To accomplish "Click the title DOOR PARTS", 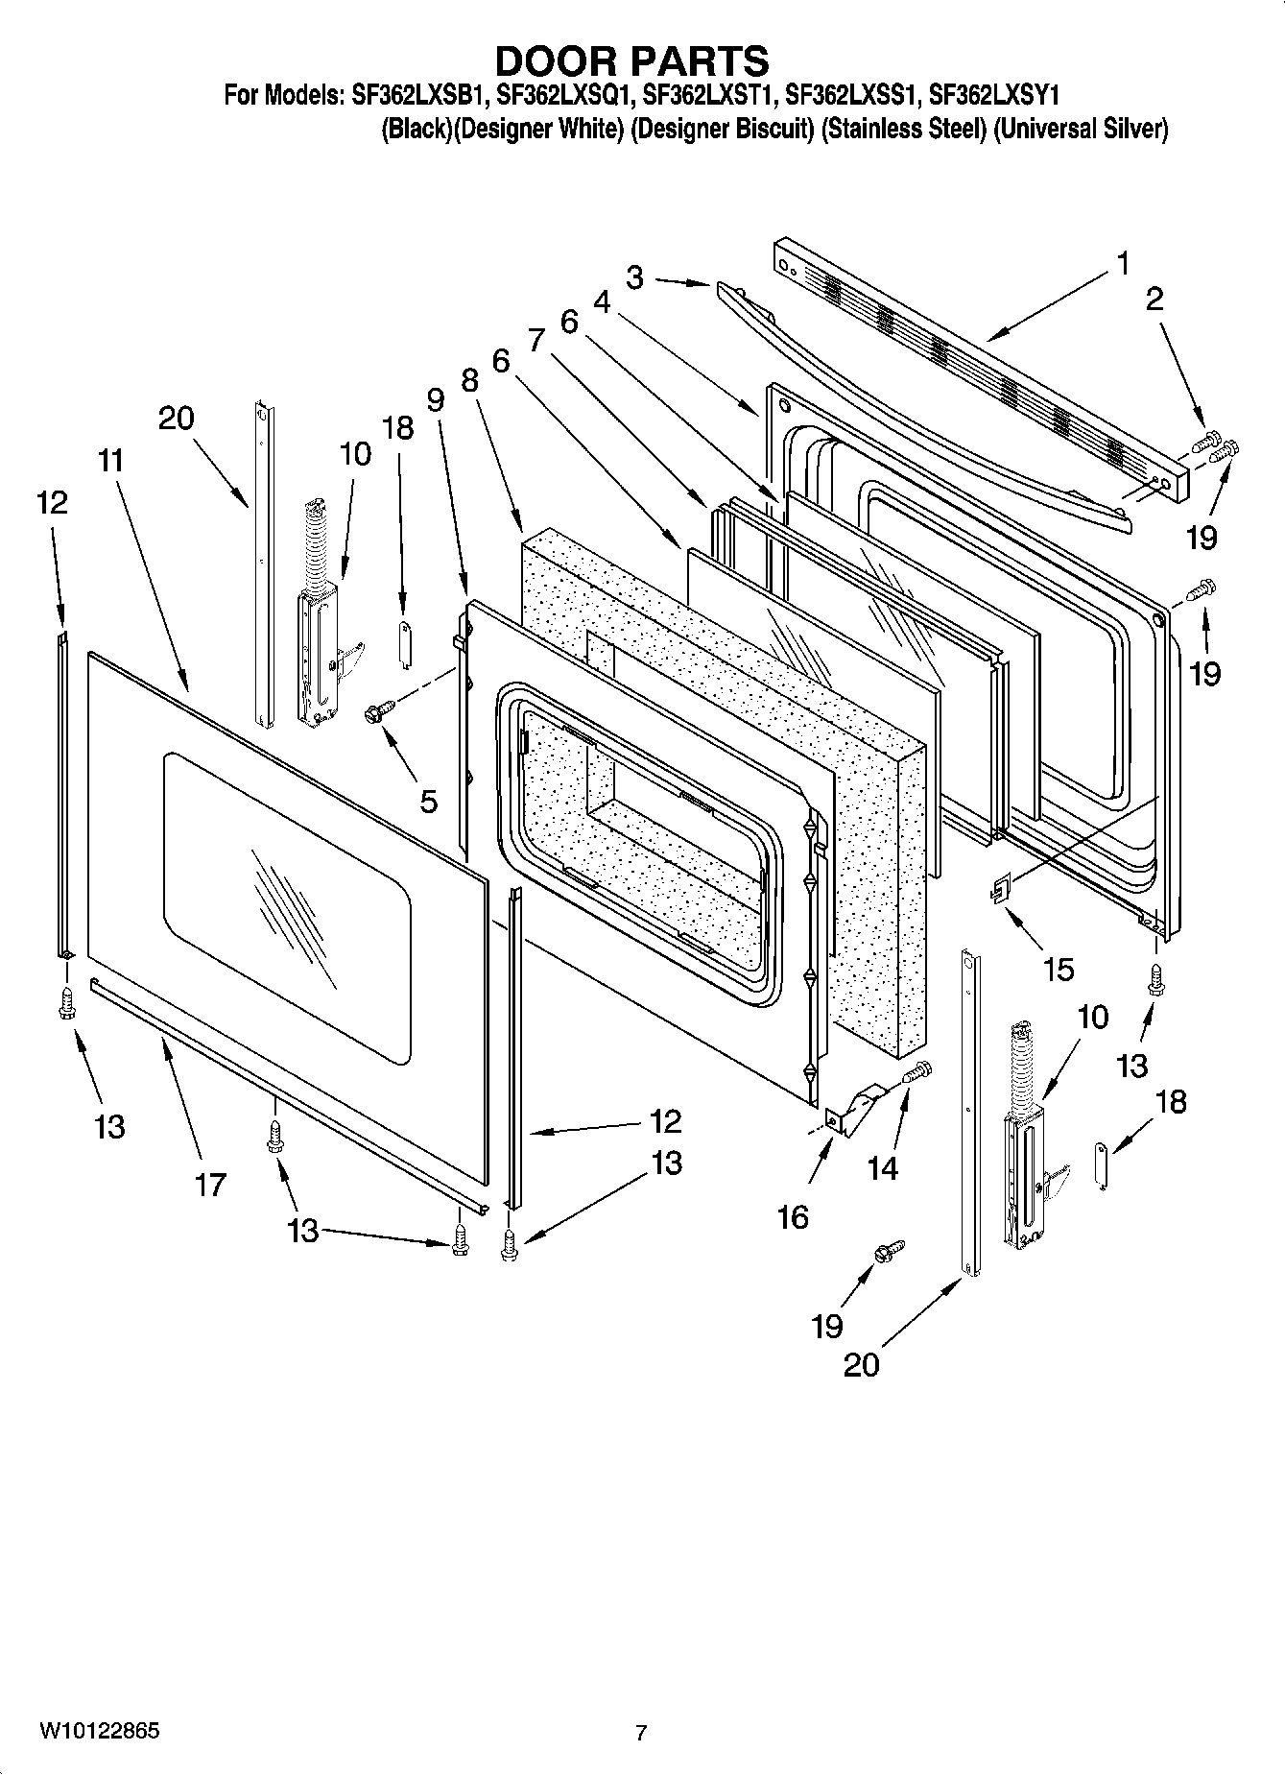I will coord(631,60).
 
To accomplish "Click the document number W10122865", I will coord(100,1731).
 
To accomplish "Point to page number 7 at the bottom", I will coord(641,1733).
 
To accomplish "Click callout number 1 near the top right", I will coord(1122,264).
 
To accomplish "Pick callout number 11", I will coord(110,461).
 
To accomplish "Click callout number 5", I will coord(428,800).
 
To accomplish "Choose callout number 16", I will coord(793,1217).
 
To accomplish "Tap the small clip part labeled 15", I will coord(1000,890).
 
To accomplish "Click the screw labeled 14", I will coord(917,1071).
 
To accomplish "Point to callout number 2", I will coord(1154,299).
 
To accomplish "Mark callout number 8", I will coord(468,380).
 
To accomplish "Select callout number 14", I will coord(882,1167).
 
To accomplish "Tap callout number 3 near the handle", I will coord(634,277).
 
